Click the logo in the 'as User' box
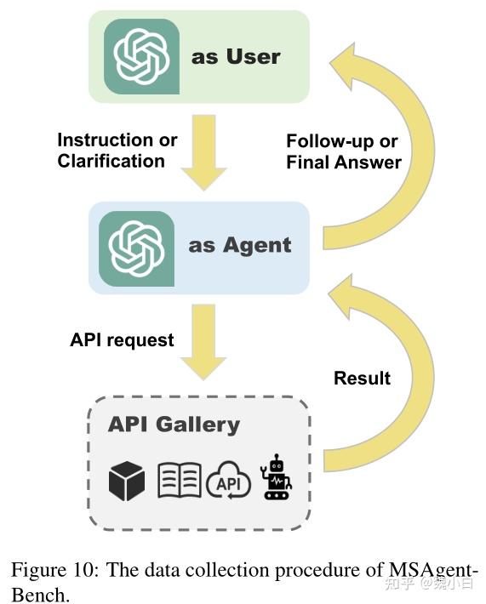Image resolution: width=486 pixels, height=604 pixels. coord(141,57)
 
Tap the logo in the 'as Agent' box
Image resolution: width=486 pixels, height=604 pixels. coord(136,248)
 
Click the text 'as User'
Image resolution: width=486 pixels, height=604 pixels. coord(236,57)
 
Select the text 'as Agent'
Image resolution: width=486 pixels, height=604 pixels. coord(240,246)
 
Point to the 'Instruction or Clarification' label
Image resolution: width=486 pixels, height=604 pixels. coord(117,151)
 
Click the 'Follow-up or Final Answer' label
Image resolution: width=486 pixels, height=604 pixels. coord(344,151)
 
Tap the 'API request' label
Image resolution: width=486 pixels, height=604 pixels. coord(122,339)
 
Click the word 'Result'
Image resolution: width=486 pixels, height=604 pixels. coord(362,378)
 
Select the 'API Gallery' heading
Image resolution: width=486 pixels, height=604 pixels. coord(174,425)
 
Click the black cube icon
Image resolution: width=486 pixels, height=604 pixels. coord(127,481)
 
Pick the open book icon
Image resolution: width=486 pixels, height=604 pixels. coord(180,480)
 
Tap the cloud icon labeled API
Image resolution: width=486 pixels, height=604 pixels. coord(229,481)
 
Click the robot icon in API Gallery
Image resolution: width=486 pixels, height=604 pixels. coord(276,477)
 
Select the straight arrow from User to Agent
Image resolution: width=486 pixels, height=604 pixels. coord(203,152)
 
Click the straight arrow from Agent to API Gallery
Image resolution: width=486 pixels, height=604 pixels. coord(203,342)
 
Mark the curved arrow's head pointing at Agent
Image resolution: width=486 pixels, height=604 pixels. coord(343,296)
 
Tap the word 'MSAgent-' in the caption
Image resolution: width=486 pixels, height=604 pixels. coord(434,570)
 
